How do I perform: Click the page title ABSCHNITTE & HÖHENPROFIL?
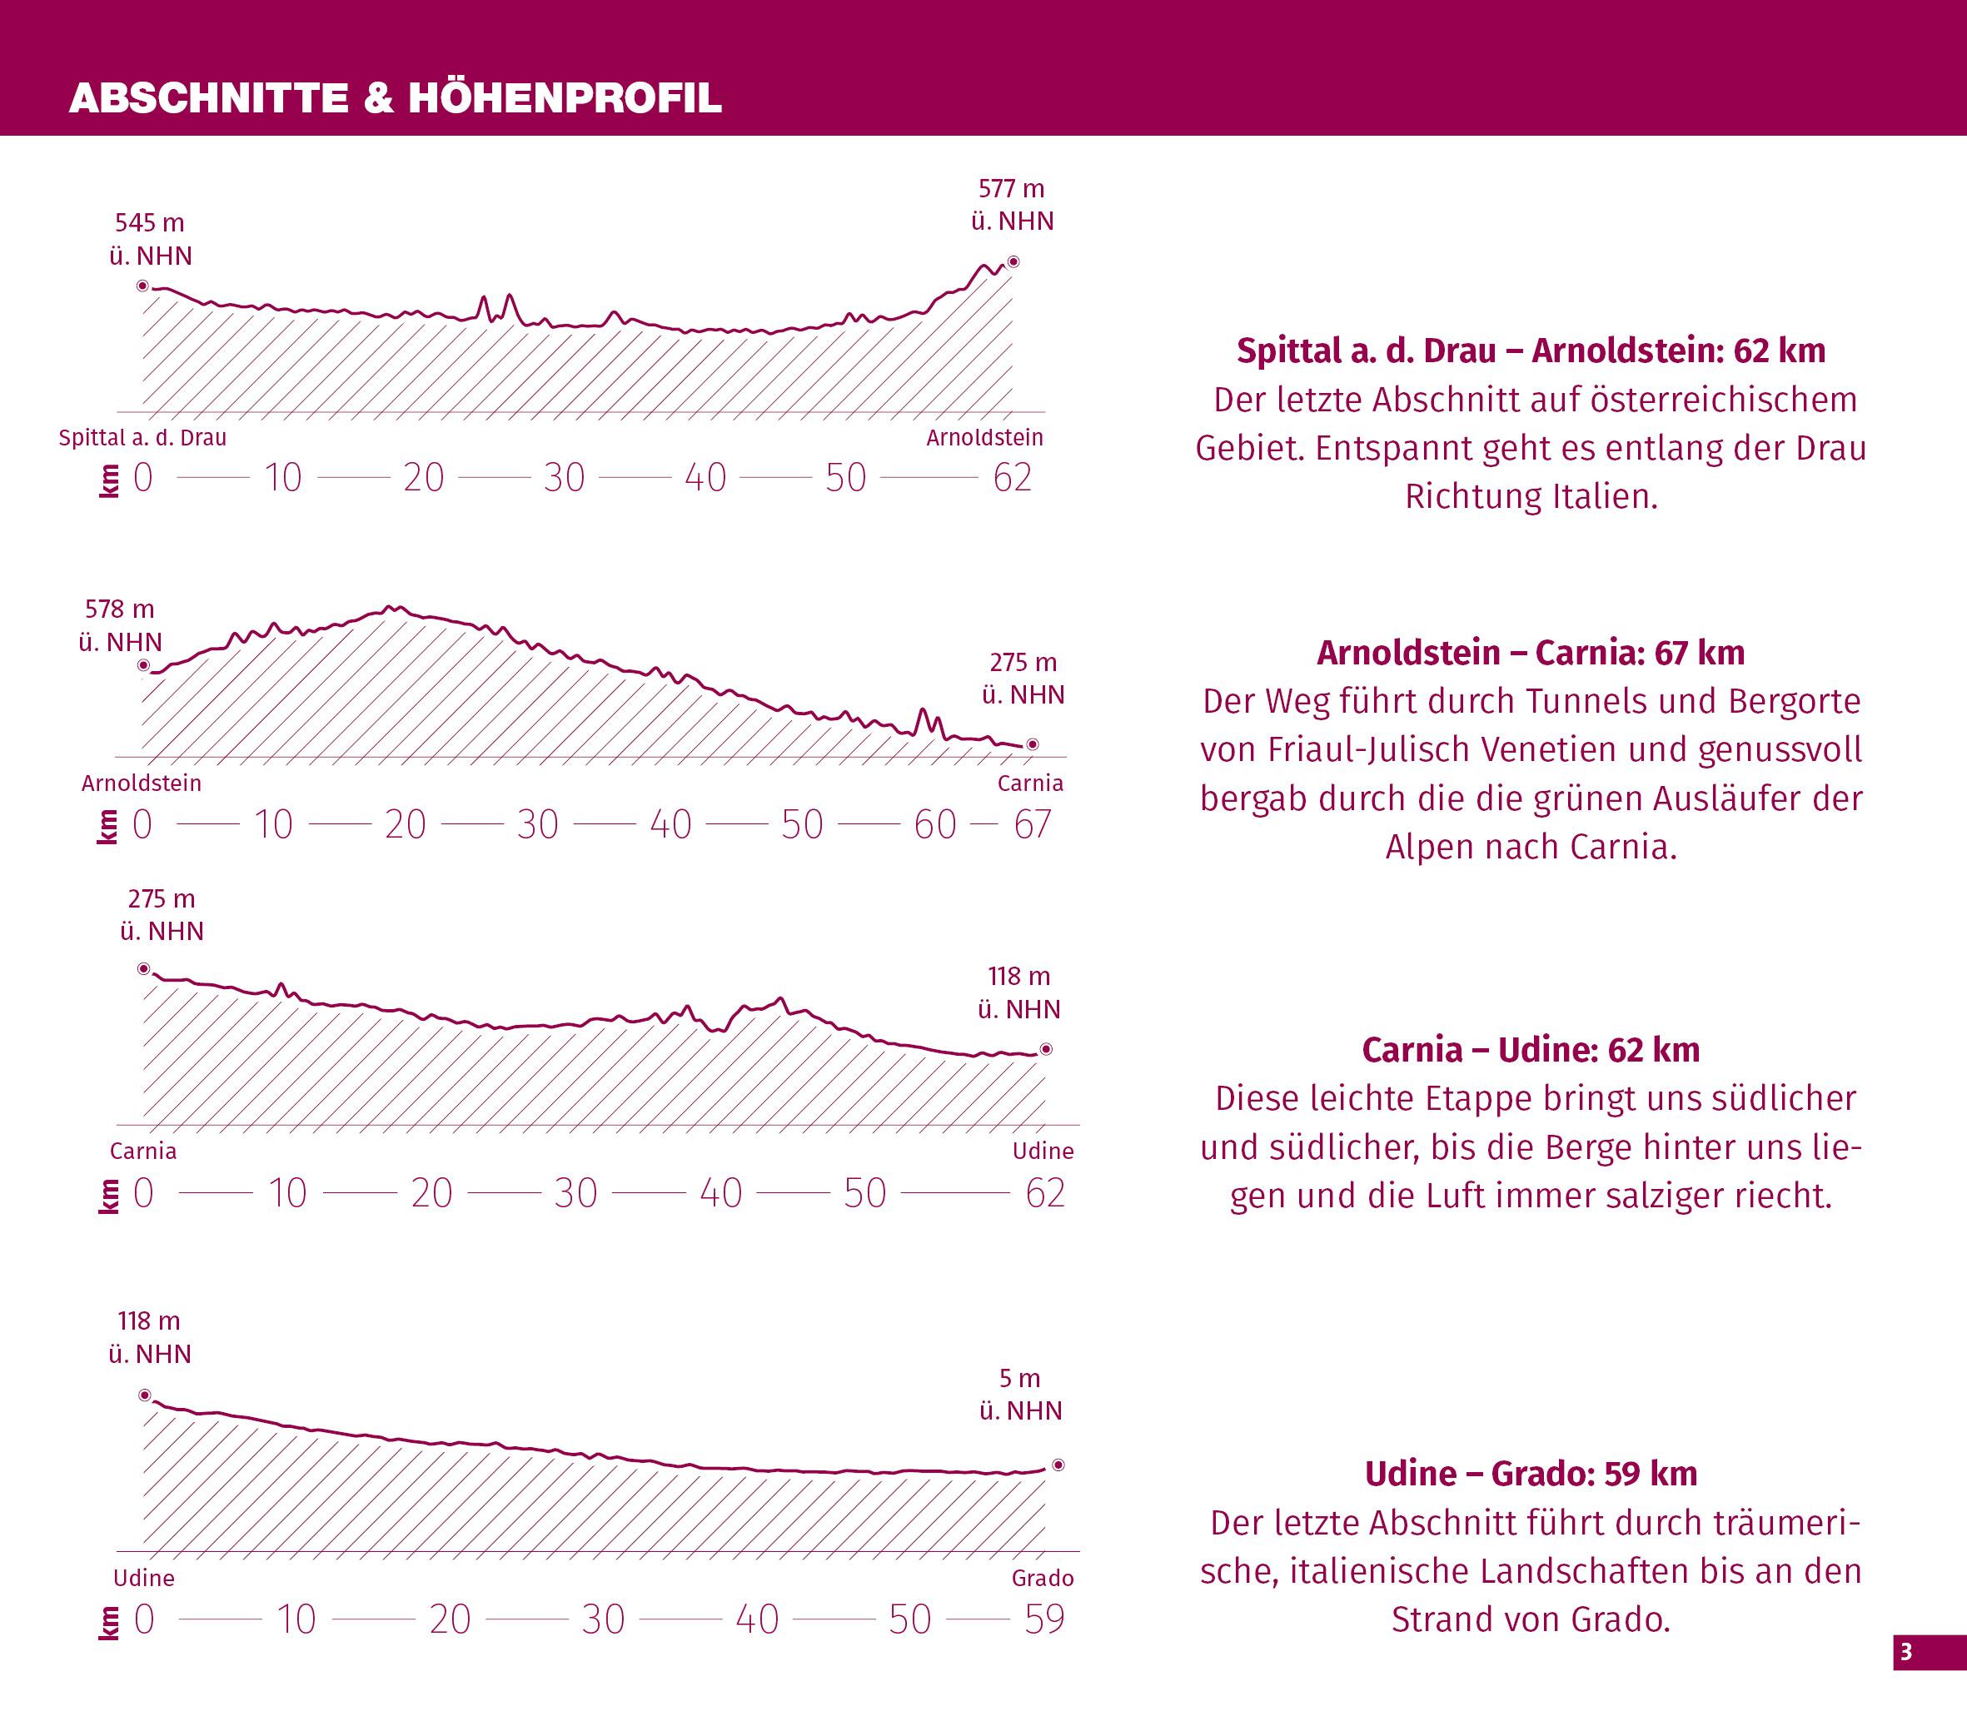pyautogui.click(x=395, y=98)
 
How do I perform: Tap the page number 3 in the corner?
pyautogui.click(x=1906, y=1653)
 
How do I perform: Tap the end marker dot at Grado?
pyautogui.click(x=1058, y=1465)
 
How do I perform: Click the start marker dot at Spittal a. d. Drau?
pyautogui.click(x=142, y=286)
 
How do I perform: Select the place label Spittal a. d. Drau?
pyautogui.click(x=142, y=438)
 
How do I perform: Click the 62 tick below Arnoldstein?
pyautogui.click(x=1013, y=477)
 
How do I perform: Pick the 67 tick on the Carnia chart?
pyautogui.click(x=1033, y=824)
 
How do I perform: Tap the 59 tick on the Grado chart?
pyautogui.click(x=1045, y=1619)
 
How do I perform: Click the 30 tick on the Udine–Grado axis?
pyautogui.click(x=603, y=1619)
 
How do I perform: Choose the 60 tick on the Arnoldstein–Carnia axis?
pyautogui.click(x=934, y=824)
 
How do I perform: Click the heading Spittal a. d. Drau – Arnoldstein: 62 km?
pyautogui.click(x=1531, y=351)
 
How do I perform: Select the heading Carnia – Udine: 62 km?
pyautogui.click(x=1531, y=1050)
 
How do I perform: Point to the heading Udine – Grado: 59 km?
pyautogui.click(x=1531, y=1473)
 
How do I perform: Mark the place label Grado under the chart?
pyautogui.click(x=1042, y=1578)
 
